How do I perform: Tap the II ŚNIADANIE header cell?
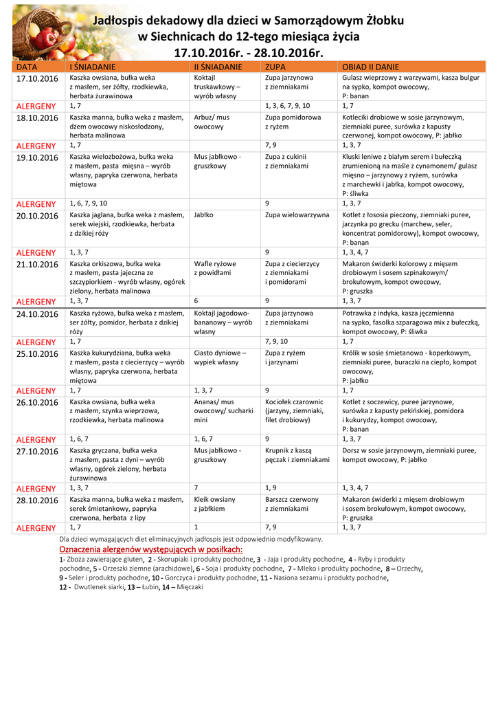pos(218,67)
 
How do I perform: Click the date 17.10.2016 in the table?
pos(37,79)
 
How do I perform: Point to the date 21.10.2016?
pos(37,265)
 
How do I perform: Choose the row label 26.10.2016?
pos(37,403)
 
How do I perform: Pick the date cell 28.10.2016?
pos(37,500)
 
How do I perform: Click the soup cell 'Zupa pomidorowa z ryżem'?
pos(293,122)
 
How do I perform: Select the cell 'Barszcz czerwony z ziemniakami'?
pos(292,504)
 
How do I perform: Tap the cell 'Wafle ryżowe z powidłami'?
pos(215,268)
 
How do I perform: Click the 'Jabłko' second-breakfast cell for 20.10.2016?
pos(203,215)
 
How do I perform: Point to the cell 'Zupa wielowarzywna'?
pos(297,215)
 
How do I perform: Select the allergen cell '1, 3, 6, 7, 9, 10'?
pos(287,106)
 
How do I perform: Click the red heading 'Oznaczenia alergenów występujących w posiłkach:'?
pos(150,550)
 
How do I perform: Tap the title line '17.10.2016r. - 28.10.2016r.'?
pos(248,53)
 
